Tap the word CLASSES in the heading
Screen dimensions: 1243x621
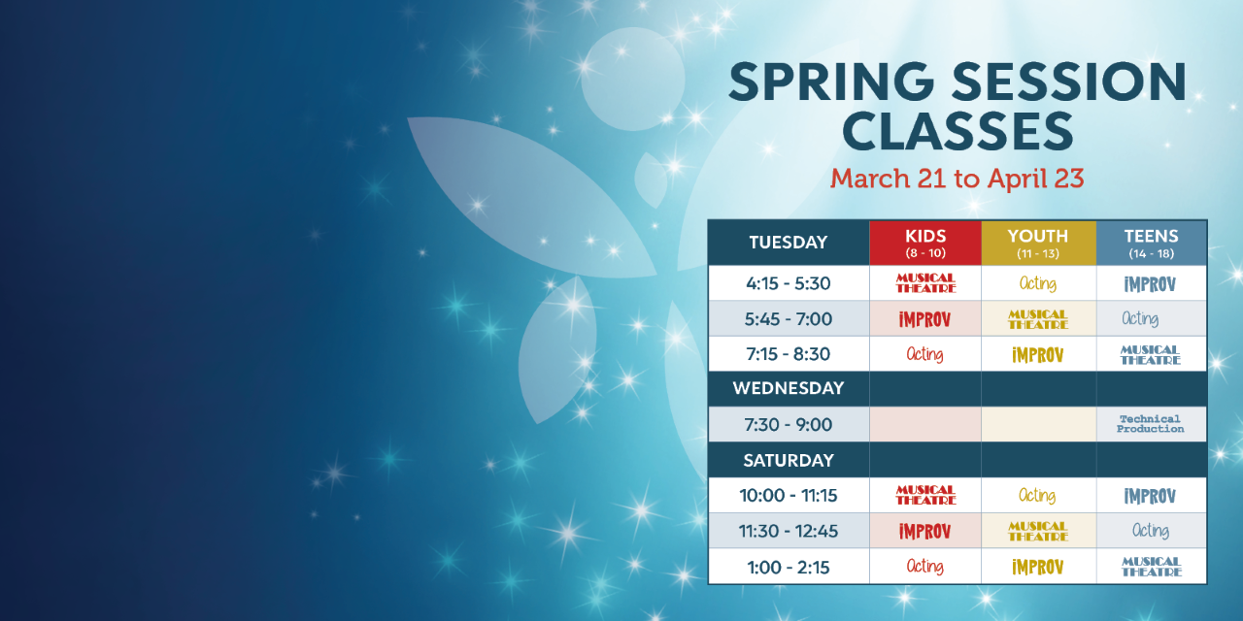957,131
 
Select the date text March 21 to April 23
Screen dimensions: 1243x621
957,179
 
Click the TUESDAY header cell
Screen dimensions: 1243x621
789,243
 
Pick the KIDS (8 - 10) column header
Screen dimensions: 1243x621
925,243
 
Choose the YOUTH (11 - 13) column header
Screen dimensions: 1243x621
1038,243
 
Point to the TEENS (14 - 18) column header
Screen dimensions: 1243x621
1152,243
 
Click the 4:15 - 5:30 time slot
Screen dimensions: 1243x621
789,283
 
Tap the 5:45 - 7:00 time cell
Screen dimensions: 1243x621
789,319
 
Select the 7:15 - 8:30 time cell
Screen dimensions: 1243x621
789,354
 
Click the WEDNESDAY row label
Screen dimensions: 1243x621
789,388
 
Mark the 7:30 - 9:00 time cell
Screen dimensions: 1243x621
789,425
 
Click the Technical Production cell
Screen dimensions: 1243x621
1151,424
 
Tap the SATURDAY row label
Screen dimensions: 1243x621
789,460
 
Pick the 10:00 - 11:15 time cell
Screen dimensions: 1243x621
789,495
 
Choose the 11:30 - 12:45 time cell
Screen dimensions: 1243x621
789,531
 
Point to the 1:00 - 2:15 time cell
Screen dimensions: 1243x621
789,568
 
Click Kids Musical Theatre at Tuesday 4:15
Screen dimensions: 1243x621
925,282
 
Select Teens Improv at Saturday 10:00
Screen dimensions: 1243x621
1150,496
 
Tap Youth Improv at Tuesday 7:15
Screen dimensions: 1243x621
1038,355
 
